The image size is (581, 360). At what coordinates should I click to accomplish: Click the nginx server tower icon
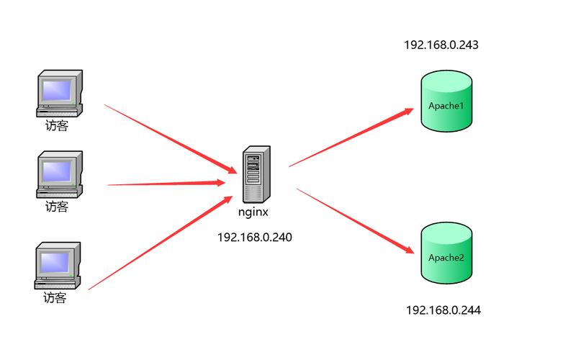click(256, 174)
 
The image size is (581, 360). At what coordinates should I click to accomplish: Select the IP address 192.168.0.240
click(255, 237)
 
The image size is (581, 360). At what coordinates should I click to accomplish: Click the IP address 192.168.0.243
click(441, 45)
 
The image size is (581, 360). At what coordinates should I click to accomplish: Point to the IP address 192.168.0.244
click(443, 310)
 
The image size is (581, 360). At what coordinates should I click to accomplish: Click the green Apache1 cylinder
click(446, 105)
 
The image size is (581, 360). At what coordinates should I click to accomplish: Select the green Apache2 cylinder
click(446, 256)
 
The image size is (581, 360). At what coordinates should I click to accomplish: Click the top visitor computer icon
click(59, 94)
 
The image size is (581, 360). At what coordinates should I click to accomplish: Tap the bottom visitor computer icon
click(58, 266)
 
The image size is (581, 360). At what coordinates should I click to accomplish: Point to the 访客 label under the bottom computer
click(55, 297)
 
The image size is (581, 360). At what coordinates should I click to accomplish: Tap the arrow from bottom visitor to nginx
click(162, 242)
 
